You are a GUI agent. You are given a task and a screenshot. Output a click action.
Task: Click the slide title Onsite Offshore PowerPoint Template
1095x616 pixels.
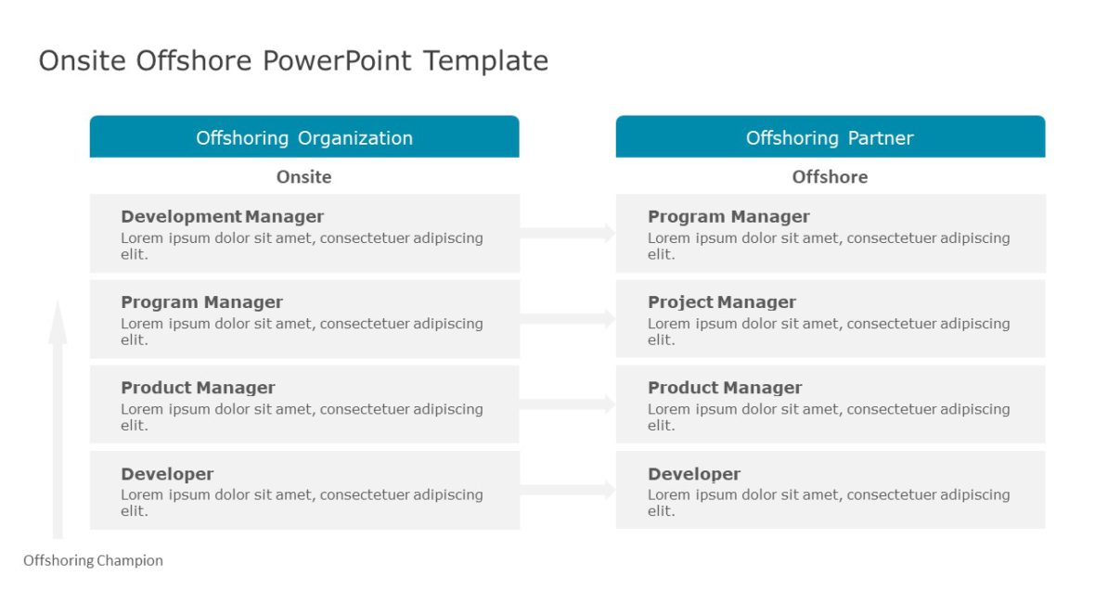(293, 61)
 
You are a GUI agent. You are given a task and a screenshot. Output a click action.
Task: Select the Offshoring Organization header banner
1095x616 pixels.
(304, 137)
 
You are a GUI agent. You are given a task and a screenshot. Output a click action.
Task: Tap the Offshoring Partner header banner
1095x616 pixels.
(830, 137)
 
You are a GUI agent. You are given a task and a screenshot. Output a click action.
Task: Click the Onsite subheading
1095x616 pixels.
(303, 176)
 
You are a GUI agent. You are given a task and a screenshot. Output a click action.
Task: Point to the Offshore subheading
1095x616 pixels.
(830, 176)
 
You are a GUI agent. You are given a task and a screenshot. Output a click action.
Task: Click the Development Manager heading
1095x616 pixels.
(222, 216)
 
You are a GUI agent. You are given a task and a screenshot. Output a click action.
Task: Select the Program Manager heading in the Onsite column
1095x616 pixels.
(201, 302)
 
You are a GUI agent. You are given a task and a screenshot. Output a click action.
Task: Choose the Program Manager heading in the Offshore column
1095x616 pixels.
(728, 216)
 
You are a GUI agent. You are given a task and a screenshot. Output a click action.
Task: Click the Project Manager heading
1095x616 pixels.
(721, 302)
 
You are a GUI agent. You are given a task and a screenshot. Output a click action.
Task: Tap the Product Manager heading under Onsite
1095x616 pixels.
(198, 387)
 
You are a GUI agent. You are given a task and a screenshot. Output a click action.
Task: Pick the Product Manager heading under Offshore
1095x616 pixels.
(725, 387)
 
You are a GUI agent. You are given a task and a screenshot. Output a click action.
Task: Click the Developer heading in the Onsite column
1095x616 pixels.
(167, 473)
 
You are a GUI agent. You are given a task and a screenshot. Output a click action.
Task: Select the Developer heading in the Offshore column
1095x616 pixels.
(694, 473)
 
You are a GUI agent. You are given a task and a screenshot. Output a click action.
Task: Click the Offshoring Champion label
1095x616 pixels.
(93, 560)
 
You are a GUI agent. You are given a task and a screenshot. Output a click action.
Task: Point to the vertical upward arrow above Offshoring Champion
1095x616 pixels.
(58, 417)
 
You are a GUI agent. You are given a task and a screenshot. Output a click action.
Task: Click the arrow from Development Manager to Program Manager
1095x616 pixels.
(567, 233)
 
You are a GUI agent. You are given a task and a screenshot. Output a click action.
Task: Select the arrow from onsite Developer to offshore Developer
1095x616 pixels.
(567, 490)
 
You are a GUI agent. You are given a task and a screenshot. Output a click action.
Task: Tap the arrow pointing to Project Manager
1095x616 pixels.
(567, 319)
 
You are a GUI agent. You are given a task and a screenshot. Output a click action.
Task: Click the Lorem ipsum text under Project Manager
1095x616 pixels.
(828, 331)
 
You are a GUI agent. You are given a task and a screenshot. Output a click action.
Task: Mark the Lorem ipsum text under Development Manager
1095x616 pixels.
(302, 246)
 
